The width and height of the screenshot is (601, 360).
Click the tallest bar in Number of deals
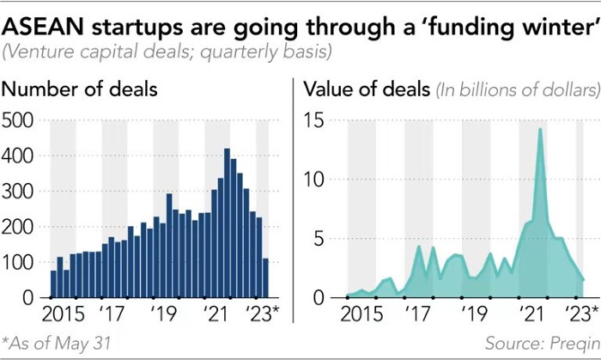coord(227,223)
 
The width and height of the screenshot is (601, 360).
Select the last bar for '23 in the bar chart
coord(265,278)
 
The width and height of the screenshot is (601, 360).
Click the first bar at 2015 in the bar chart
coord(53,284)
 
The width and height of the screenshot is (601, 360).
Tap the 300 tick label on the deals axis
coord(18,192)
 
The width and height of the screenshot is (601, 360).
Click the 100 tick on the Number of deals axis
coord(18,262)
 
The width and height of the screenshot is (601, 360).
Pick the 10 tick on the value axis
coord(317,180)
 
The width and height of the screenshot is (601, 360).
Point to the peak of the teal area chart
coord(540,130)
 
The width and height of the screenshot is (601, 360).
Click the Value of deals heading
coord(369,88)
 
